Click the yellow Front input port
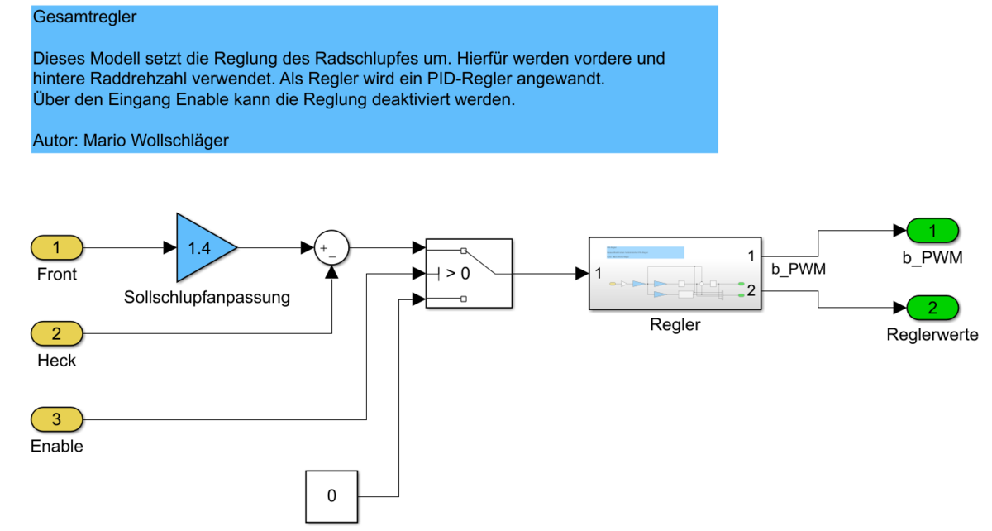[57, 246]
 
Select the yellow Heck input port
[57, 334]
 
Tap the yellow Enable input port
[57, 419]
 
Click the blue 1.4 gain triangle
[201, 246]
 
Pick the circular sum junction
[331, 246]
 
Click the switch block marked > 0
[469, 274]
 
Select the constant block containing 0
[331, 496]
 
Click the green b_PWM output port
[932, 230]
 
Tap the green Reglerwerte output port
[932, 309]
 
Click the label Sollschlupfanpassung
[207, 297]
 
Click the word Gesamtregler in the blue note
[84, 17]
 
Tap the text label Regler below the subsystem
[675, 324]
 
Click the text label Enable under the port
[57, 447]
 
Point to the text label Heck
[57, 361]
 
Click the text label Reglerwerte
[932, 335]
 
